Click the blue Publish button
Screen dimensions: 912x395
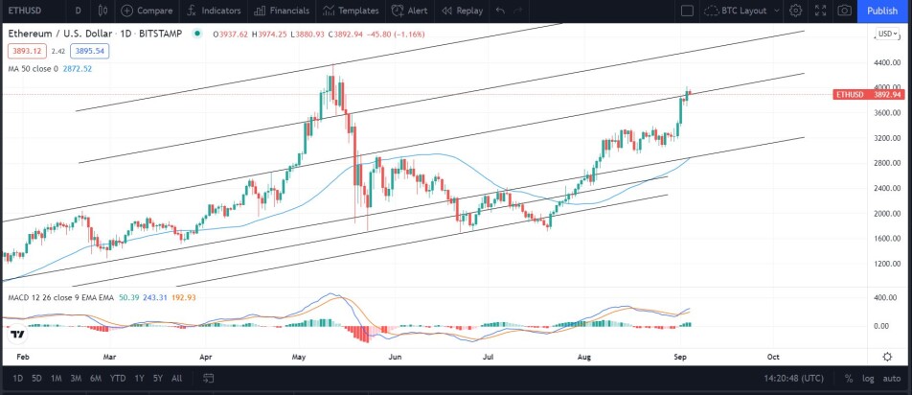881,11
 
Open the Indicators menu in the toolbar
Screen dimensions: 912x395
214,11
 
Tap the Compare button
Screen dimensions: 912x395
147,11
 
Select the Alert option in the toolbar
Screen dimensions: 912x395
409,11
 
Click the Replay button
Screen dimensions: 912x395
462,11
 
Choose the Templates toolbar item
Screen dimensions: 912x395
351,11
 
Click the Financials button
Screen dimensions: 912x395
282,11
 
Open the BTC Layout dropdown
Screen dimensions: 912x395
741,11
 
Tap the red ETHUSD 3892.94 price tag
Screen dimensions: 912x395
868,95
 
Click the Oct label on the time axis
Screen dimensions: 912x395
774,357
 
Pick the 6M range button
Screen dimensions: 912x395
96,378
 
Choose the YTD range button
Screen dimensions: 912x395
118,378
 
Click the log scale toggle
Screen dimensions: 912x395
868,378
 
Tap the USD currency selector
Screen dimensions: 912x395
887,34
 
